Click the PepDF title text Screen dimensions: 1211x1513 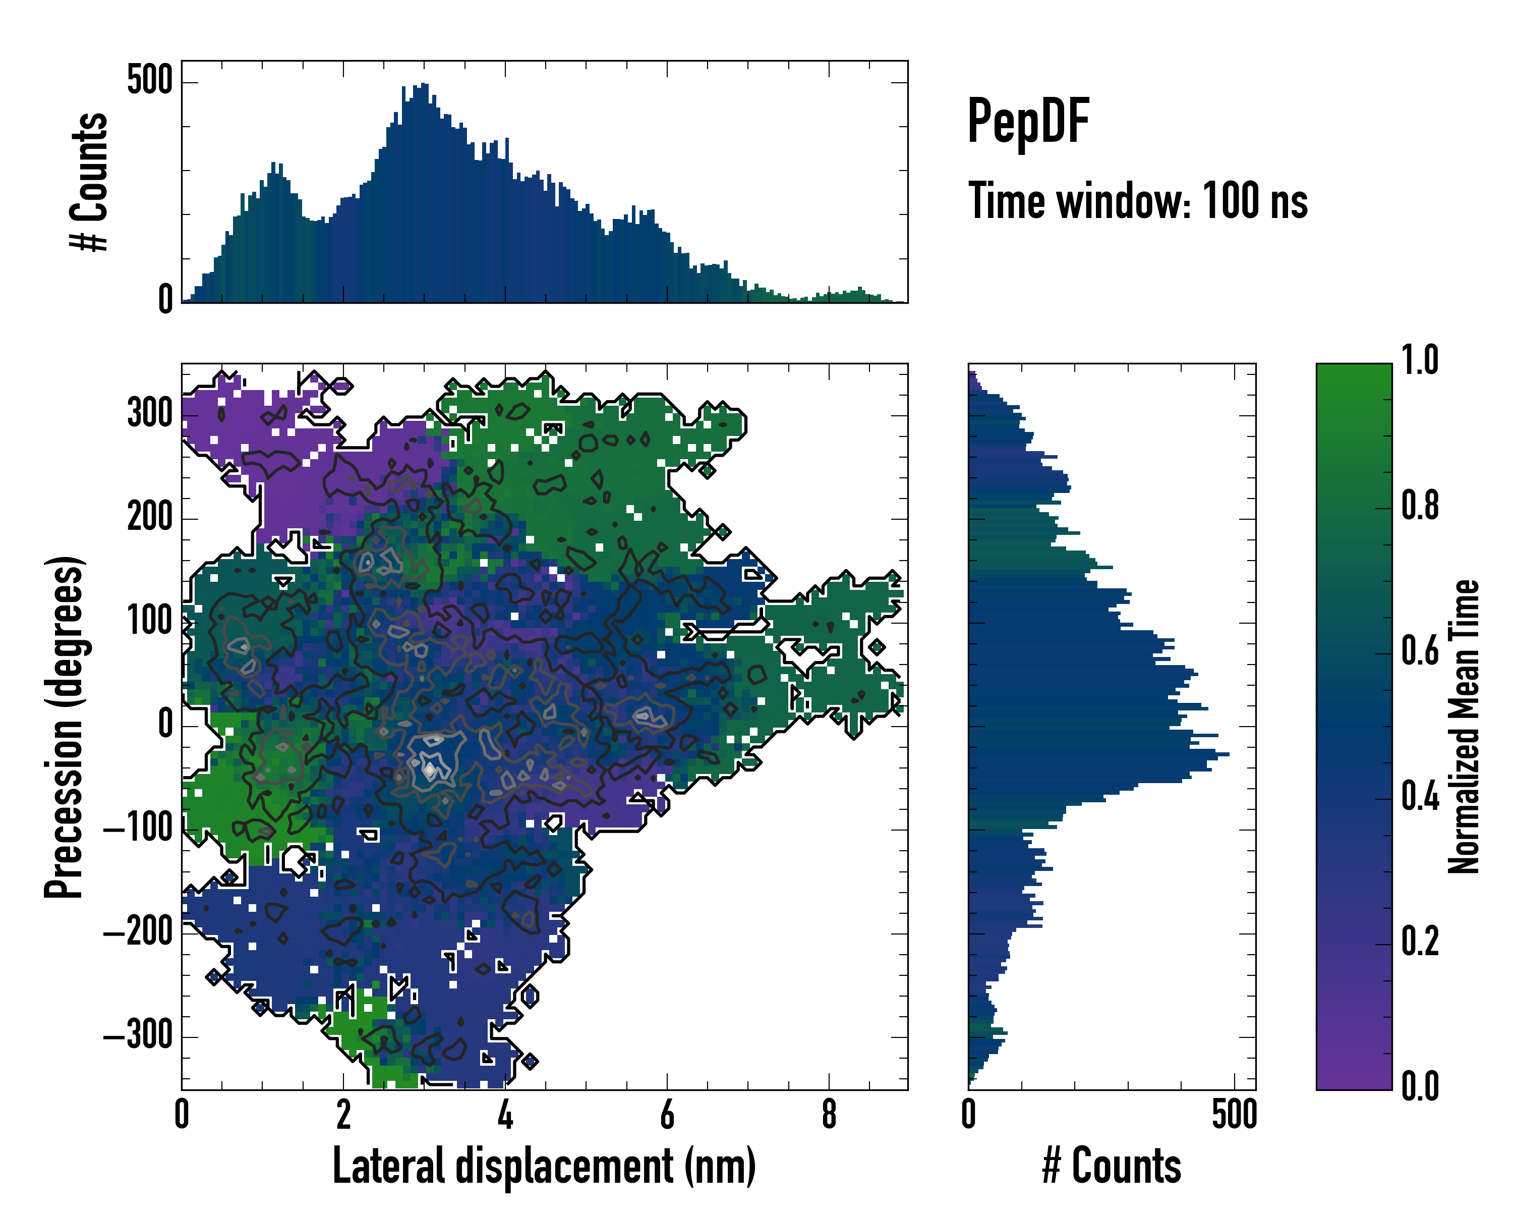click(1027, 122)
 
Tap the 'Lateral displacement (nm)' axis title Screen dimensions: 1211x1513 click(544, 1166)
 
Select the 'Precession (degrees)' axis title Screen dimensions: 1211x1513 click(65, 727)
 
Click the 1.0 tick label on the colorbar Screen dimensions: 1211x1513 click(1420, 361)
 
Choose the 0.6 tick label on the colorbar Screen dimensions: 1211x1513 click(1420, 651)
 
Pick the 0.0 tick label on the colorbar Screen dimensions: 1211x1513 click(1420, 1086)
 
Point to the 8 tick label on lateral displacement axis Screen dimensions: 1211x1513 click(829, 1115)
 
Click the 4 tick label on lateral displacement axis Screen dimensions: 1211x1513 click(505, 1115)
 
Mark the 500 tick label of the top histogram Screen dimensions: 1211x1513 click(149, 81)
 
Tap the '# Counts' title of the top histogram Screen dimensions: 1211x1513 click(90, 181)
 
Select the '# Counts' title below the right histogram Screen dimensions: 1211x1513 click(1112, 1166)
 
